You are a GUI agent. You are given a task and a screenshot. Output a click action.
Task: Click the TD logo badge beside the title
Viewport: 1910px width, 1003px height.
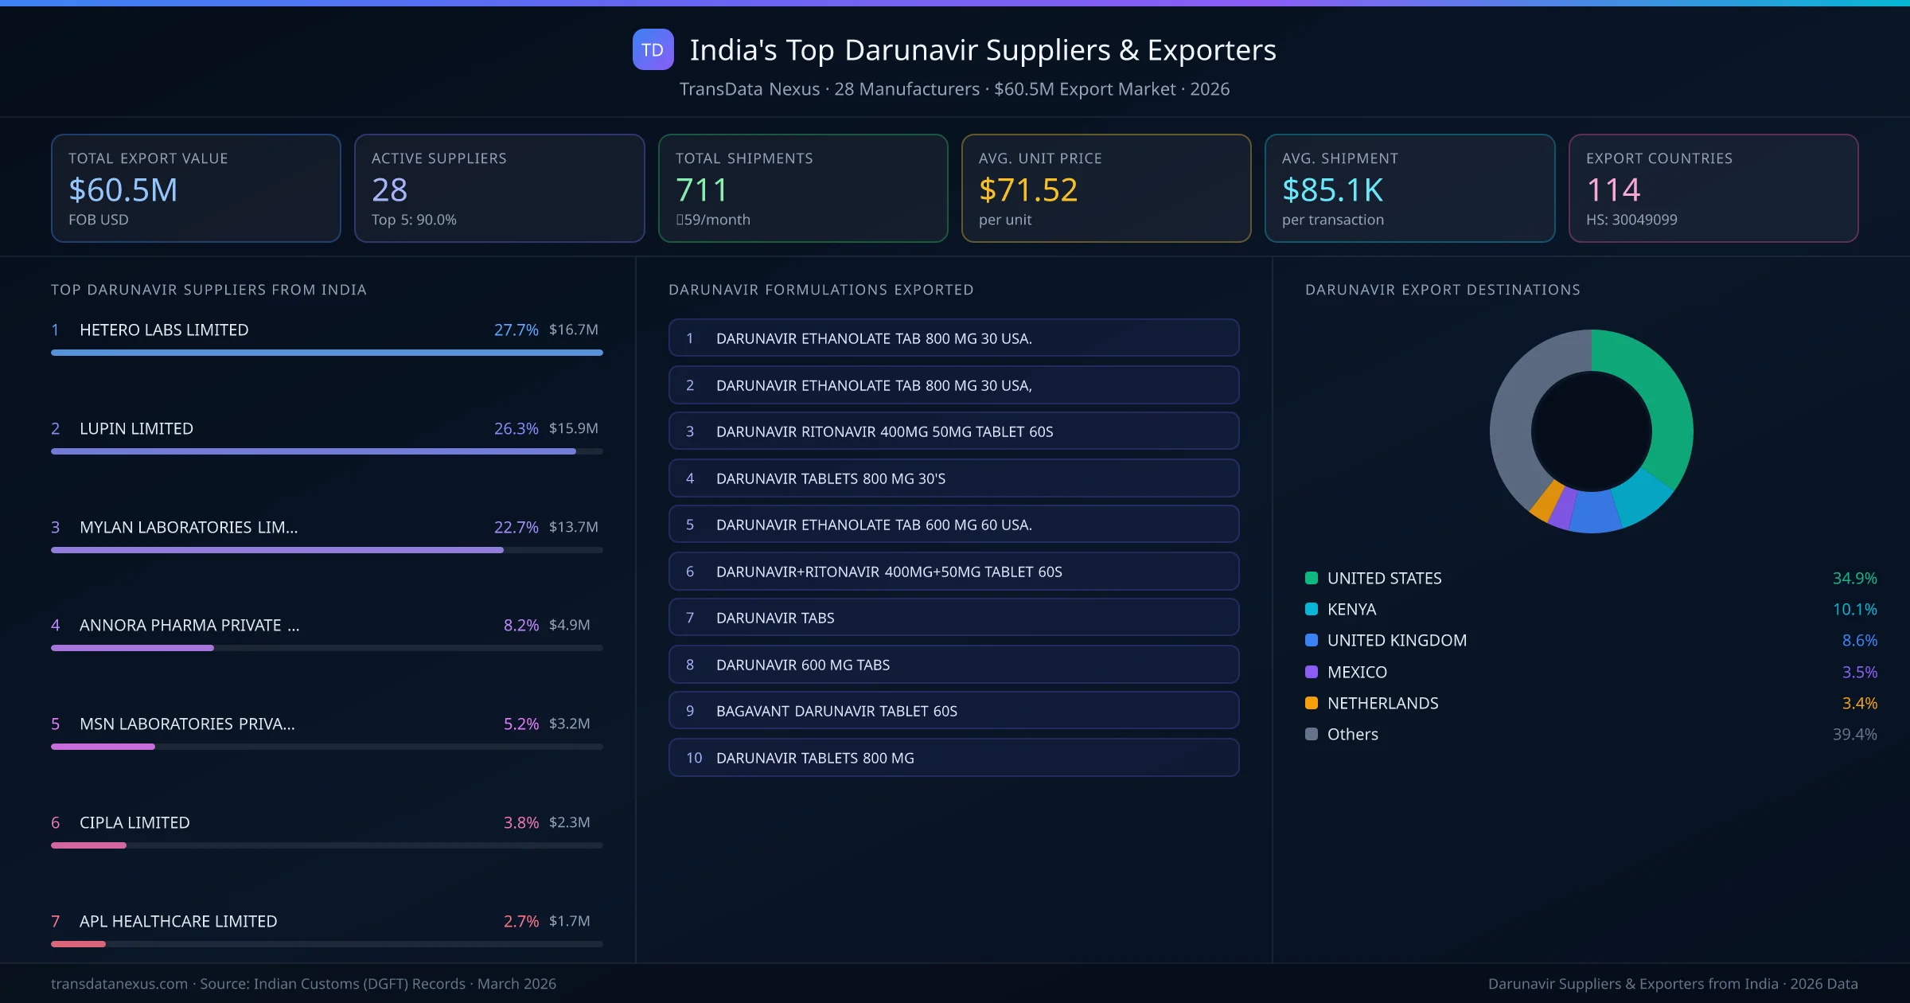(x=653, y=50)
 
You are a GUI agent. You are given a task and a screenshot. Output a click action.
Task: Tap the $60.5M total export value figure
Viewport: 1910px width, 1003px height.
(x=123, y=190)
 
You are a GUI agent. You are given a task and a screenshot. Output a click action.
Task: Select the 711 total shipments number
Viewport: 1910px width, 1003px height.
(x=701, y=190)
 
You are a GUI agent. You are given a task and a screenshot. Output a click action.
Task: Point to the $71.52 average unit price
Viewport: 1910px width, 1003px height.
(x=1027, y=190)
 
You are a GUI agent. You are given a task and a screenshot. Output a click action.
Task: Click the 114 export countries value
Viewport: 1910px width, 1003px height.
(x=1612, y=190)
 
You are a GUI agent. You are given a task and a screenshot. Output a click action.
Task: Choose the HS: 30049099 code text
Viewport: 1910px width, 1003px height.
(x=1631, y=220)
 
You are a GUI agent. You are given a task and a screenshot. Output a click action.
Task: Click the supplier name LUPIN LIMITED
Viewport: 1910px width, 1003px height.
(x=136, y=429)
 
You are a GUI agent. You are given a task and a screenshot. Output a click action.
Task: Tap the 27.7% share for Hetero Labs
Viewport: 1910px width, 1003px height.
(x=516, y=330)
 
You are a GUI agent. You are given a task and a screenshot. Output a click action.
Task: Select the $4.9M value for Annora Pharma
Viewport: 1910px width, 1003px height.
(x=569, y=625)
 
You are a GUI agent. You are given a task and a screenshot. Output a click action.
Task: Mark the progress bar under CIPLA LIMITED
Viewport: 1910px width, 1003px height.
(x=326, y=845)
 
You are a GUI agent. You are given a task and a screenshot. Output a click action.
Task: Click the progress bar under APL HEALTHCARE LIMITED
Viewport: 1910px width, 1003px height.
(x=326, y=944)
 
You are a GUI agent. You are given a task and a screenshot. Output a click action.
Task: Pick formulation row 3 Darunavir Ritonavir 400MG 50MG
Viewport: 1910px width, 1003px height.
(x=953, y=431)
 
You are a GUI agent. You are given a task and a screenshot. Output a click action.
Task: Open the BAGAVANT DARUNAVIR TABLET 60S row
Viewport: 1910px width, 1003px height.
(x=953, y=711)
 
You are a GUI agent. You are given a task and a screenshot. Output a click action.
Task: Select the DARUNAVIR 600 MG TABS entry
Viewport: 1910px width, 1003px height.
(x=953, y=665)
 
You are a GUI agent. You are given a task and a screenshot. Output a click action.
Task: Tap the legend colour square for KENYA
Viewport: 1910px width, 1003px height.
(x=1312, y=610)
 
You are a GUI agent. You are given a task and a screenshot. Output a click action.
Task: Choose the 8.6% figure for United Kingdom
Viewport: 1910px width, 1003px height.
(x=1859, y=641)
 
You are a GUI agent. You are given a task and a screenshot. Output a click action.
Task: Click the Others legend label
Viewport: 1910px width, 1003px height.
(x=1352, y=735)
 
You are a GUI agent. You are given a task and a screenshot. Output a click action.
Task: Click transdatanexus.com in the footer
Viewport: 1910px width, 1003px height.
(x=119, y=984)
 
